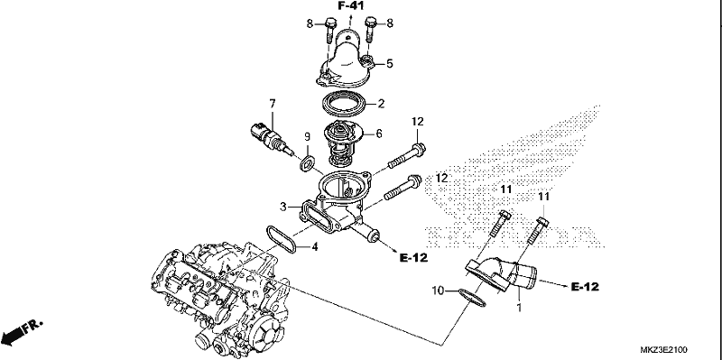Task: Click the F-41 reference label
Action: pyautogui.click(x=351, y=6)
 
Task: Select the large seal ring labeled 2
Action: pyautogui.click(x=344, y=104)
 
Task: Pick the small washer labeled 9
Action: pyautogui.click(x=307, y=163)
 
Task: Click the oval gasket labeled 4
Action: pyautogui.click(x=281, y=239)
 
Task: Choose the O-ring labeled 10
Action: pyautogui.click(x=472, y=298)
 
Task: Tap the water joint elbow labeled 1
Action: pyautogui.click(x=502, y=275)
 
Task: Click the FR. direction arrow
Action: pyautogui.click(x=22, y=333)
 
